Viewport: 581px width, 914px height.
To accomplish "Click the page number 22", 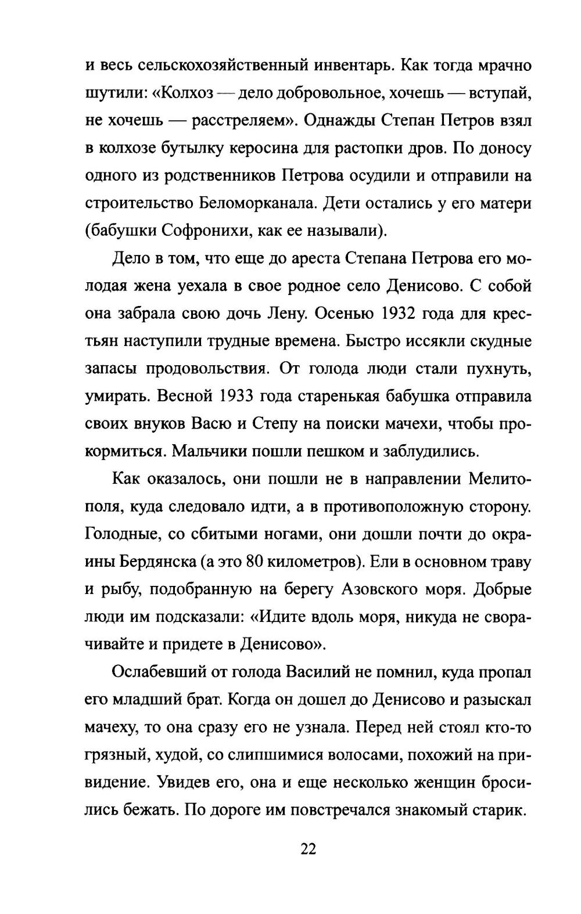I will [308, 849].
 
